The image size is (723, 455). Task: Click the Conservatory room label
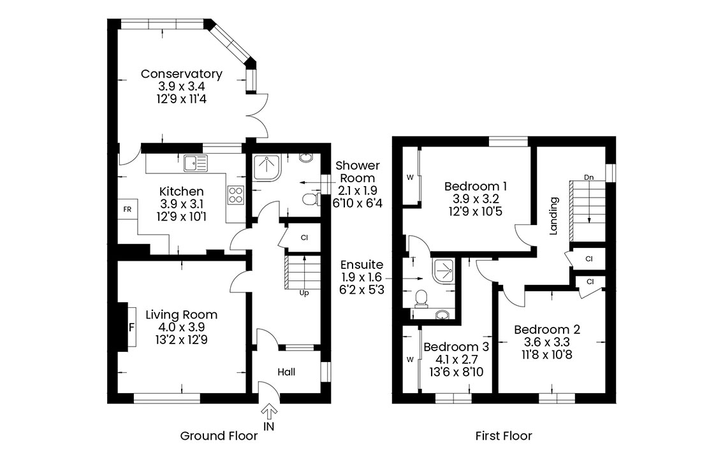pos(181,74)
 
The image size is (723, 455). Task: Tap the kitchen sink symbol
pos(196,162)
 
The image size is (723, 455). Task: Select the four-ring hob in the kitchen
pos(236,195)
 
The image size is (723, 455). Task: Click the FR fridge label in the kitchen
pos(128,209)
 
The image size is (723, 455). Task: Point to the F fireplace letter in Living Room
pos(131,328)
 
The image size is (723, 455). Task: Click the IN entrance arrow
pos(269,411)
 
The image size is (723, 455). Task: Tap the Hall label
pos(286,372)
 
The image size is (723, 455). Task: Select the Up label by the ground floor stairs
pos(304,293)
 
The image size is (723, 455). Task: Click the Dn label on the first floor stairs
pos(589,178)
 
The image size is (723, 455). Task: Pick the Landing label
pos(554,216)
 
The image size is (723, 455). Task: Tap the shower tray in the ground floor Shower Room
pos(267,168)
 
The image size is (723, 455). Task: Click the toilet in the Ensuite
pos(421,299)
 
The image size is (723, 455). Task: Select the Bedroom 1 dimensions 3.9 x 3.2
pos(476,199)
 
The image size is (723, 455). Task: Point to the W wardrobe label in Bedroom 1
pos(410,178)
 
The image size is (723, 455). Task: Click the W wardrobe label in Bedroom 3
pos(410,359)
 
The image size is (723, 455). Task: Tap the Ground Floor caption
pos(219,436)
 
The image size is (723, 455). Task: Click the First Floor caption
pos(504,436)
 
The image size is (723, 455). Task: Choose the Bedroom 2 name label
pos(547,329)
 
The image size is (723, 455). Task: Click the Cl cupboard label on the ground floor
pos(304,238)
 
